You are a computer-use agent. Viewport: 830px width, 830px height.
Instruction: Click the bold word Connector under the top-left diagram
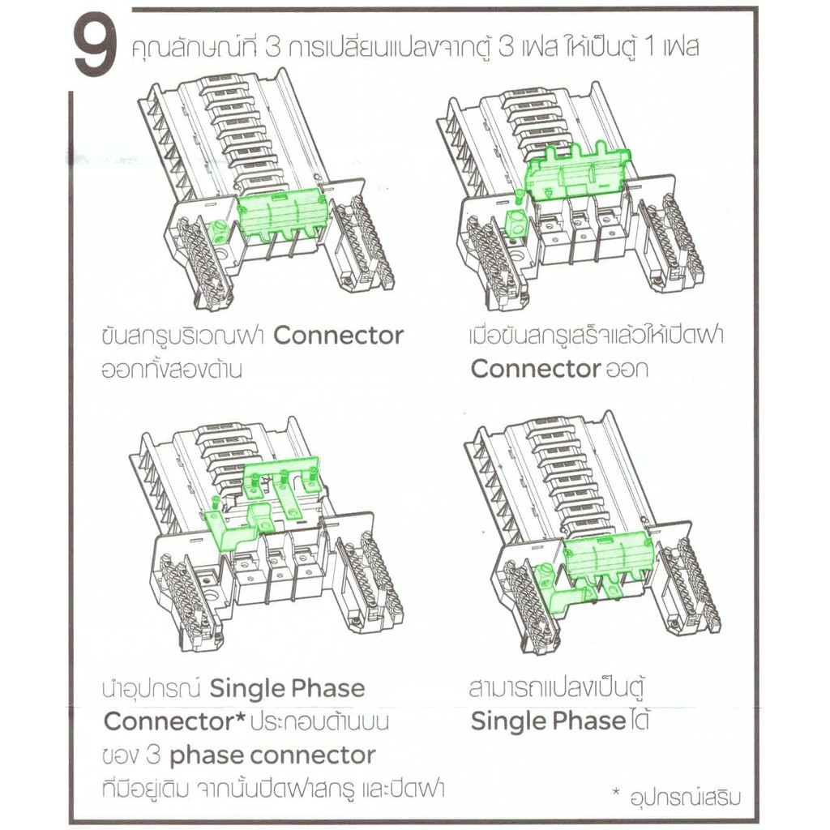pos(339,336)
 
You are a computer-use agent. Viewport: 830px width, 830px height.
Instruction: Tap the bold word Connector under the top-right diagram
pos(536,369)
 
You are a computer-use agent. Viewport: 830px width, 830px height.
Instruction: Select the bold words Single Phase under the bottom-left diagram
pos(288,689)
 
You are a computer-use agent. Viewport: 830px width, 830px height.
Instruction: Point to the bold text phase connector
pos(272,756)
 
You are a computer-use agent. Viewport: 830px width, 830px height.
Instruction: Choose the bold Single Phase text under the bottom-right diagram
pos(548,721)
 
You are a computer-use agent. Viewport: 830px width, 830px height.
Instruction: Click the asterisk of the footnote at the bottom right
pos(615,793)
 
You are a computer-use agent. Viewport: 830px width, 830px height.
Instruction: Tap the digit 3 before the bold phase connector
pos(153,755)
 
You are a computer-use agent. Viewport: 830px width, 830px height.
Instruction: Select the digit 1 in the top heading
pos(650,48)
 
